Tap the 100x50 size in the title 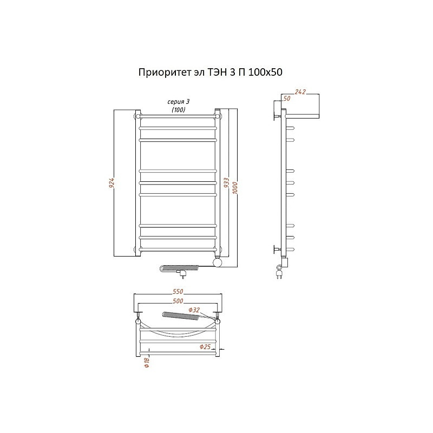pos(265,73)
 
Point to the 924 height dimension pos(111,183)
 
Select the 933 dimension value pos(226,183)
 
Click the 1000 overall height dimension pos(235,188)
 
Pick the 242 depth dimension pos(300,91)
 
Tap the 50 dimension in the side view pos(287,99)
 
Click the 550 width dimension pos(178,291)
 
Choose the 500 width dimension pos(178,301)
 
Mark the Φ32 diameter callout pos(194,310)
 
